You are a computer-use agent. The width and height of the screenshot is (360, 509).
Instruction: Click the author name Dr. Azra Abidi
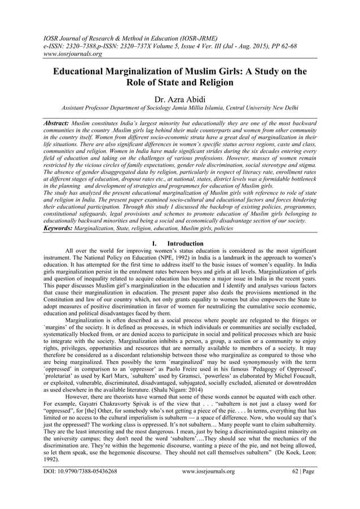(180, 98)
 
